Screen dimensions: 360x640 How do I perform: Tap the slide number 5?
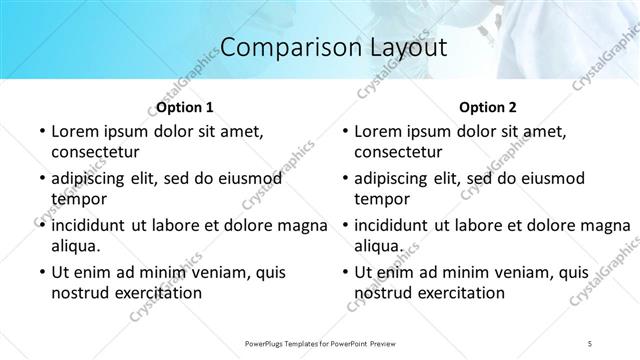(x=590, y=343)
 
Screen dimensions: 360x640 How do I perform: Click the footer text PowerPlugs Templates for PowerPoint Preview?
(x=320, y=343)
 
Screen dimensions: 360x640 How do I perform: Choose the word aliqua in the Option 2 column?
(x=378, y=246)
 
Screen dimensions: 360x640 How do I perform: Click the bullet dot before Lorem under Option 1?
(x=40, y=132)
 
